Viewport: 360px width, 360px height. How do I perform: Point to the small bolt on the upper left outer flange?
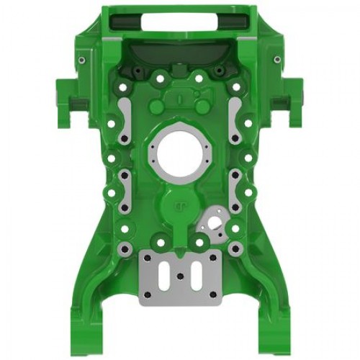(81, 59)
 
